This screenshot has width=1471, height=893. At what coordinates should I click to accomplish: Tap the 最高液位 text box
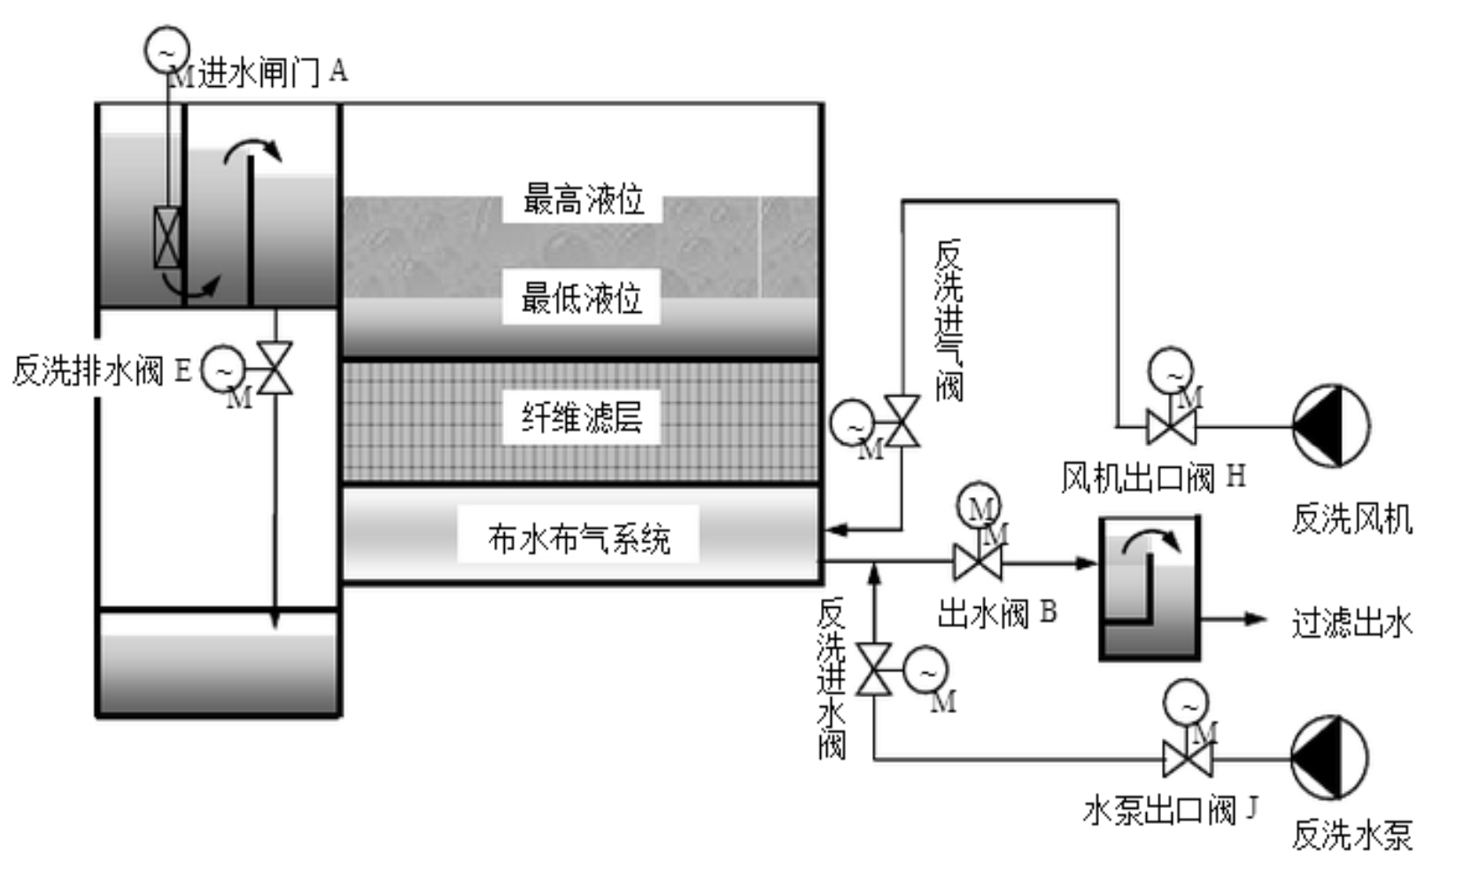click(583, 199)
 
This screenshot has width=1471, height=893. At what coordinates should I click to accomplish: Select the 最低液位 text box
click(581, 299)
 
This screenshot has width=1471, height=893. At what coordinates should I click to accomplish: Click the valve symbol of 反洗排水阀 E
click(275, 368)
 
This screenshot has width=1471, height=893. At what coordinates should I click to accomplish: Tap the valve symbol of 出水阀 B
click(978, 562)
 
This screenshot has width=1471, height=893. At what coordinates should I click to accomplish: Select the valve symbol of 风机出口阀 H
click(1171, 427)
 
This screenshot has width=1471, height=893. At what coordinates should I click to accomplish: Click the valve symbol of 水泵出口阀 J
click(1187, 760)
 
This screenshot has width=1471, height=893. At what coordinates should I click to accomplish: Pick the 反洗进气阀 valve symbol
click(902, 422)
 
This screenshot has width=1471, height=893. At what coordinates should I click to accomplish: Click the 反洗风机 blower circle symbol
click(1330, 426)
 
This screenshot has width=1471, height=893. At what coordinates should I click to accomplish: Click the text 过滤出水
click(1351, 623)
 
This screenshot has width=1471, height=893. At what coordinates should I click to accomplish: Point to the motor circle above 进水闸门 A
click(167, 50)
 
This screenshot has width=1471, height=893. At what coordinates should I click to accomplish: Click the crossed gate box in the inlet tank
click(167, 237)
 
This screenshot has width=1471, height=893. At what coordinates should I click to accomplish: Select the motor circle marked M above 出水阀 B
click(979, 506)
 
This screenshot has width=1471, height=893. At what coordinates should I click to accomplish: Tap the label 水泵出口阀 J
click(1170, 810)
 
